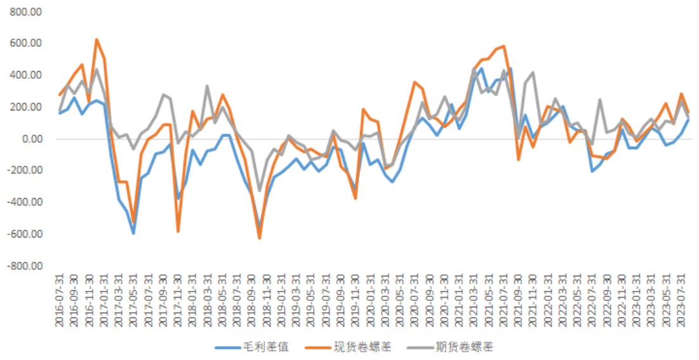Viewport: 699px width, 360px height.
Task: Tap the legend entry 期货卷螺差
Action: tap(465, 347)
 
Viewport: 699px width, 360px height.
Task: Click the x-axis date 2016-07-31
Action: tap(59, 302)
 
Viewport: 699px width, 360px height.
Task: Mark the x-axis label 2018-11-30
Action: tap(267, 302)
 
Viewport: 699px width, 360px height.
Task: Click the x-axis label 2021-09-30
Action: tap(519, 302)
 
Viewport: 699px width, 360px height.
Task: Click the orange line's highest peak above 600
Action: tap(97, 39)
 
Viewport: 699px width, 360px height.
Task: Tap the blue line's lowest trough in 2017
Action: tap(133, 233)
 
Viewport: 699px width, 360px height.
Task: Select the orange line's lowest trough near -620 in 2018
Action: tap(260, 238)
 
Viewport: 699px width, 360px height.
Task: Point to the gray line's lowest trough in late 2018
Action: tap(259, 190)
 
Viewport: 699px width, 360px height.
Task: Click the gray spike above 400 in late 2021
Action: tap(533, 72)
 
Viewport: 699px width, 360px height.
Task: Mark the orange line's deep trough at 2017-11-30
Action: tap(178, 232)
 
